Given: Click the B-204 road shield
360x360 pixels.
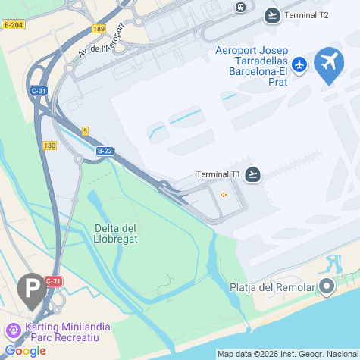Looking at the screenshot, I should click(x=13, y=25).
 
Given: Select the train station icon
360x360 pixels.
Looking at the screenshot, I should click(x=241, y=7).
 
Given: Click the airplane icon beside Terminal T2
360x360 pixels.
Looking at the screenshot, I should click(x=272, y=14).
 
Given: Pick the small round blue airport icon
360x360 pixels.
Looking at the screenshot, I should click(x=300, y=65).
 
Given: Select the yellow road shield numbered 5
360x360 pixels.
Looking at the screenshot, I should click(x=86, y=131).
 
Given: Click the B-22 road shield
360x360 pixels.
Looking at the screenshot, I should click(x=105, y=151).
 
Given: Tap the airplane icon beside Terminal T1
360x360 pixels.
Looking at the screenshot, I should click(x=253, y=175).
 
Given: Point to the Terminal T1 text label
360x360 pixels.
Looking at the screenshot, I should click(x=218, y=175).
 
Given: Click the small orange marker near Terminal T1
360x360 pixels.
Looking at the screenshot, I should click(x=224, y=196).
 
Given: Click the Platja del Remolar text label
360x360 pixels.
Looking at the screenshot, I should click(x=271, y=287).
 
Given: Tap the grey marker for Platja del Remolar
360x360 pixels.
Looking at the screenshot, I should click(x=327, y=286).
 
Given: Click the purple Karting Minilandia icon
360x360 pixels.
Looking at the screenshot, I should click(x=12, y=331).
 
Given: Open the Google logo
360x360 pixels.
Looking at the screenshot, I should click(x=26, y=351).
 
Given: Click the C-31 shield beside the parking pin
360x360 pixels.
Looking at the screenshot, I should click(x=53, y=281).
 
